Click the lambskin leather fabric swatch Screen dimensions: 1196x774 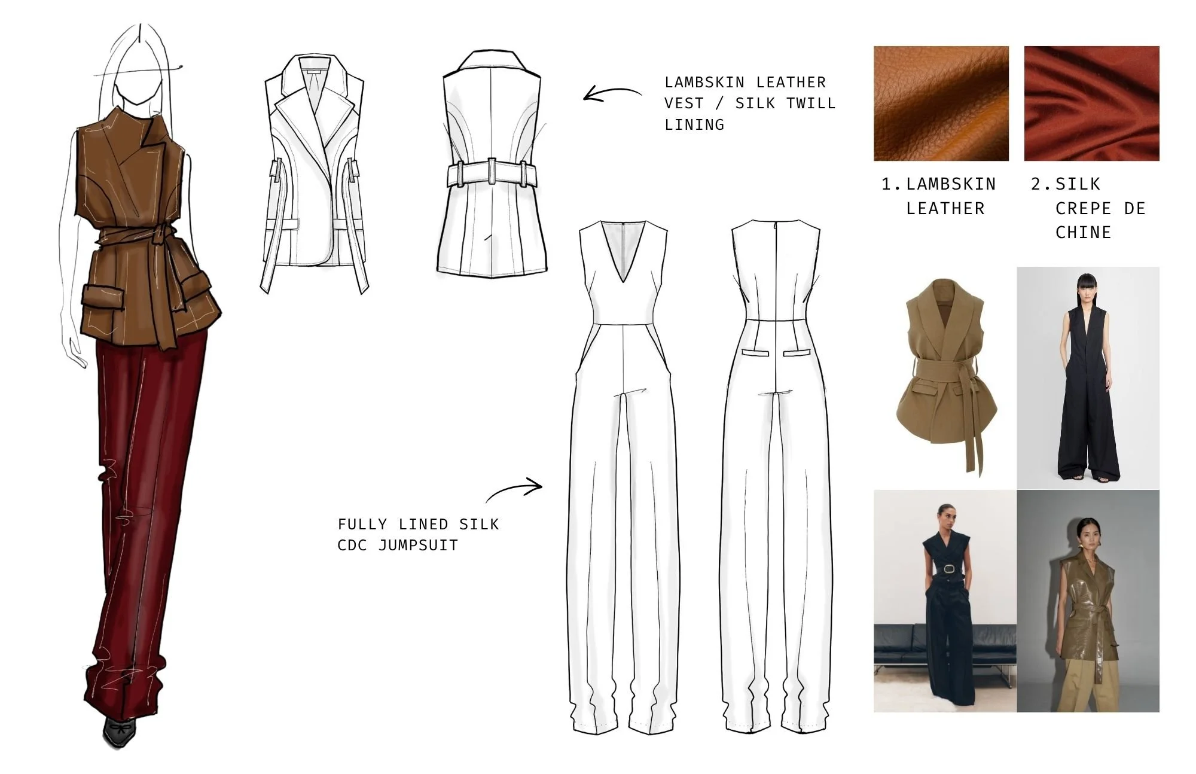coord(941,103)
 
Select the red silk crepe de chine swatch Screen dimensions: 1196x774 coord(1091,103)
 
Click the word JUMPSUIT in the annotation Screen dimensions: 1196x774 coord(418,545)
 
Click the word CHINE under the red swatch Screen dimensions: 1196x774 coord(1083,232)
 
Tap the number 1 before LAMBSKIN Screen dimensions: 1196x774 coord(888,184)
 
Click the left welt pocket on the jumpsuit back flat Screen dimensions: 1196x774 coord(755,352)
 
